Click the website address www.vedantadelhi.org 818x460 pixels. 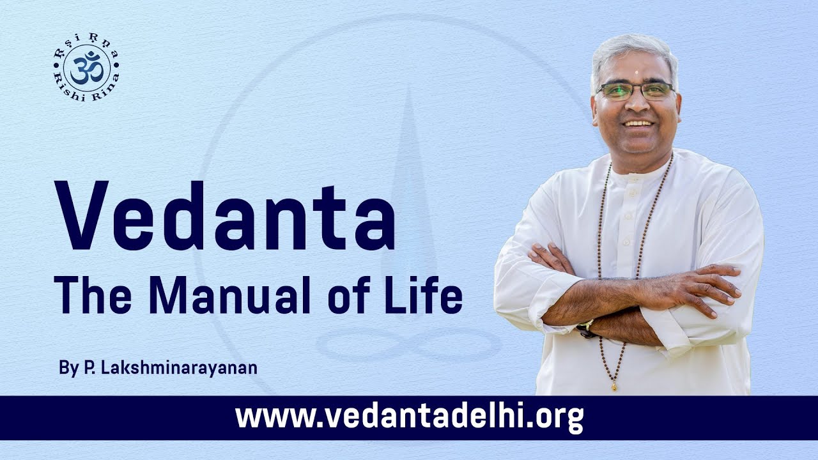pos(409,417)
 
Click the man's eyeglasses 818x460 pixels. pos(635,91)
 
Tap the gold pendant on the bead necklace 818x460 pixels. pos(615,386)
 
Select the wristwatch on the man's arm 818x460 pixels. pos(585,330)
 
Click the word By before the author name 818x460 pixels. pos(67,369)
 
